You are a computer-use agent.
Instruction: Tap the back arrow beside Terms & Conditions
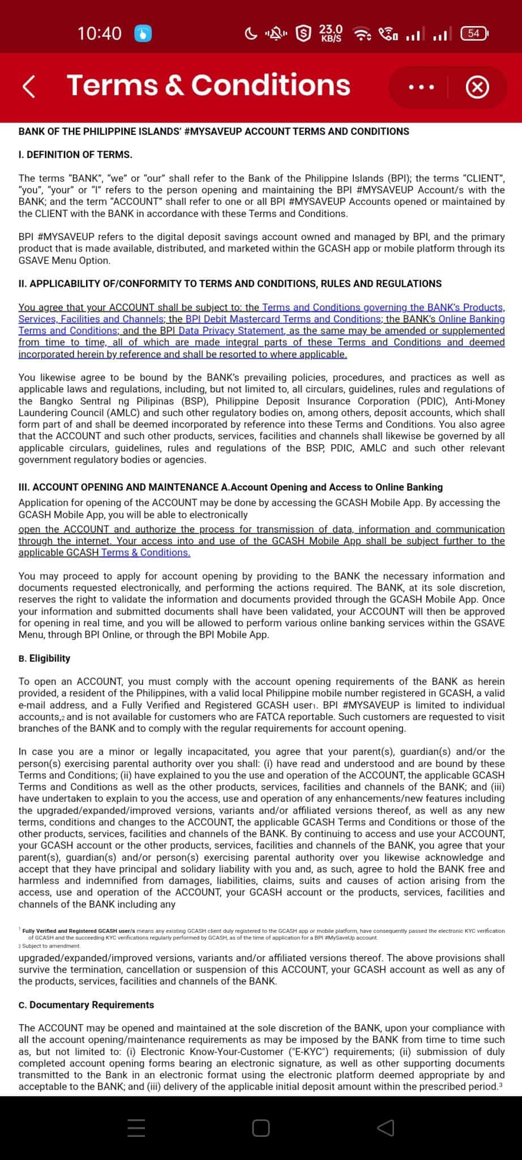pyautogui.click(x=29, y=87)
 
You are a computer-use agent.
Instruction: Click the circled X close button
pyautogui.click(x=477, y=87)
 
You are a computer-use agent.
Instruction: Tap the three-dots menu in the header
pyautogui.click(x=421, y=87)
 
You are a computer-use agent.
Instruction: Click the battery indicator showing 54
pyautogui.click(x=474, y=33)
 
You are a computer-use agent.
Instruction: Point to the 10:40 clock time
pyautogui.click(x=99, y=33)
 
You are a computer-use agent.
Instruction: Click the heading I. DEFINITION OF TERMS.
pyautogui.click(x=75, y=155)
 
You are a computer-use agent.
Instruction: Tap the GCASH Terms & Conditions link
pyautogui.click(x=146, y=553)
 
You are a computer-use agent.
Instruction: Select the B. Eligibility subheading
pyautogui.click(x=44, y=658)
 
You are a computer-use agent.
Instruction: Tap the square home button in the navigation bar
pyautogui.click(x=260, y=1128)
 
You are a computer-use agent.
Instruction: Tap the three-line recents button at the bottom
pyautogui.click(x=136, y=1128)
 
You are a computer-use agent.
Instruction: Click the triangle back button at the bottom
pyautogui.click(x=386, y=1128)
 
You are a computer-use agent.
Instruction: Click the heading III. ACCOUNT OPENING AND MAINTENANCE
pyautogui.click(x=118, y=487)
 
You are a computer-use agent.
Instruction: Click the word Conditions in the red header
pyautogui.click(x=271, y=86)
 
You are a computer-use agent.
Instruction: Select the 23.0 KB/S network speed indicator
pyautogui.click(x=331, y=33)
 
